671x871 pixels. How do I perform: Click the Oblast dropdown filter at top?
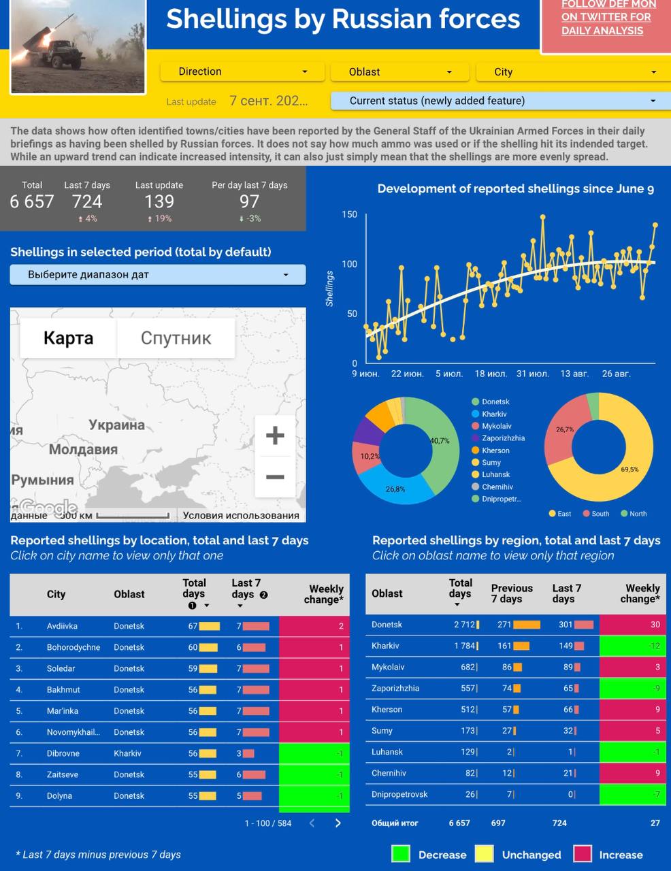[x=399, y=72]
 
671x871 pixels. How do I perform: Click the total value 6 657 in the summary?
[x=32, y=201]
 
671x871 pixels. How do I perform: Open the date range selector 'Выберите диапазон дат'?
[x=157, y=275]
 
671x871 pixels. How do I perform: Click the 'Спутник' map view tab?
[x=176, y=338]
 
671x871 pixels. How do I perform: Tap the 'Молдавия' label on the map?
[x=83, y=449]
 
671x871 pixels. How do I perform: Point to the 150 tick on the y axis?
[x=349, y=214]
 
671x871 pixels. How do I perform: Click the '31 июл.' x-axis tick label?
[x=532, y=374]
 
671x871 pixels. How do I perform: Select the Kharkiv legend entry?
[x=494, y=414]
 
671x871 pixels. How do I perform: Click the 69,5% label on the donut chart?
[x=629, y=470]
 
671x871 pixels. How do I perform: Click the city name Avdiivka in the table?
[x=62, y=626]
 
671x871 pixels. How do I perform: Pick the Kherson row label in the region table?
[x=387, y=709]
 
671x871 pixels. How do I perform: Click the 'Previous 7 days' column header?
[x=512, y=593]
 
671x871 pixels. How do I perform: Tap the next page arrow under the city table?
[x=338, y=823]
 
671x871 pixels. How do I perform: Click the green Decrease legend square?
[x=401, y=854]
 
